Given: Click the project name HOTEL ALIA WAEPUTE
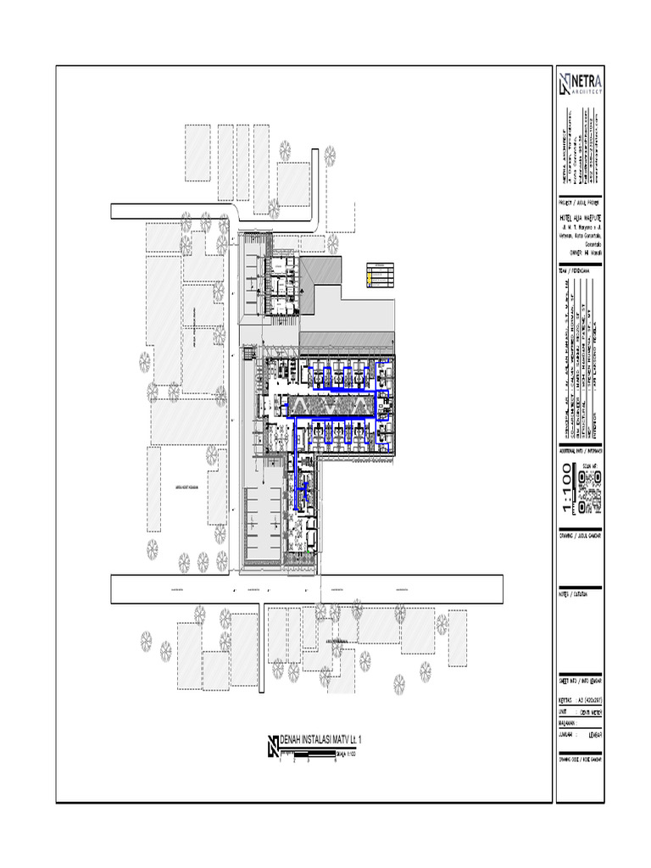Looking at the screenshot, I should [x=580, y=219].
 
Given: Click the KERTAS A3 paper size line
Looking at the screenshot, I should [x=580, y=701].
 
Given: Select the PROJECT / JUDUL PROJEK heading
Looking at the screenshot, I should [x=580, y=204].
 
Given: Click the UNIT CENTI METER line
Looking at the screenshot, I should [x=580, y=713].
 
